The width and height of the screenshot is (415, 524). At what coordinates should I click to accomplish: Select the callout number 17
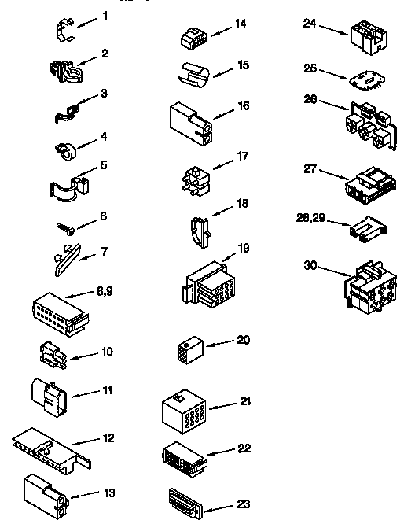tap(244, 156)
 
